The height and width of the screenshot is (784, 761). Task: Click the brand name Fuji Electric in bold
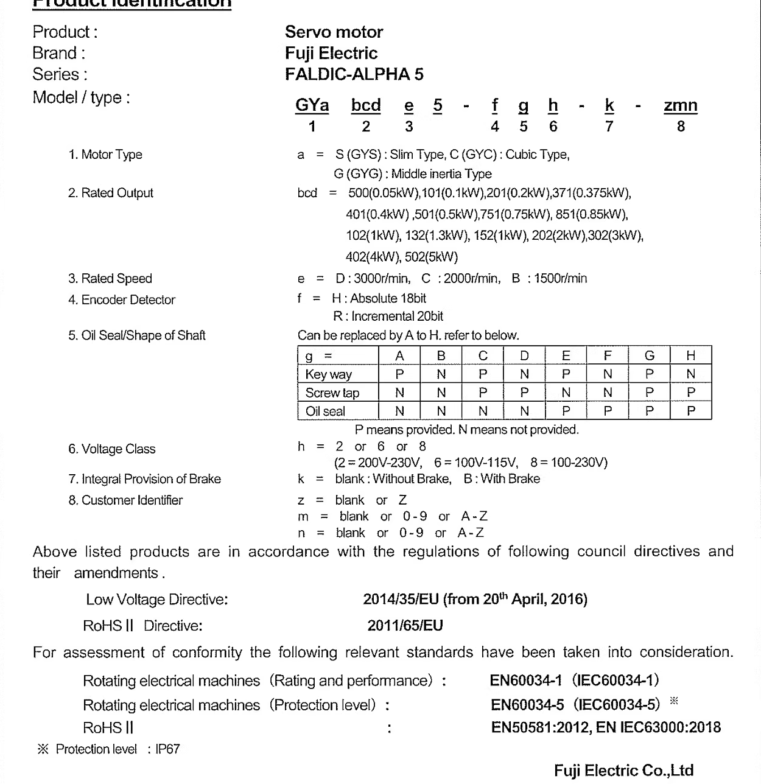pyautogui.click(x=331, y=53)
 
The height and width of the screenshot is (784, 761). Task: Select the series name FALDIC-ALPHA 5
pyautogui.click(x=354, y=74)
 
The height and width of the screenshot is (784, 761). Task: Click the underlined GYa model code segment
pyautogui.click(x=312, y=105)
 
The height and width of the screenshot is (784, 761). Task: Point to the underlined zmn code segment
pyautogui.click(x=680, y=105)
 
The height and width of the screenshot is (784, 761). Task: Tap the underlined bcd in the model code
pyautogui.click(x=366, y=105)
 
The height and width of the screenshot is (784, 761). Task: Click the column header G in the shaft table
pyautogui.click(x=649, y=355)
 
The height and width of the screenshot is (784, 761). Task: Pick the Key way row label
pyautogui.click(x=329, y=374)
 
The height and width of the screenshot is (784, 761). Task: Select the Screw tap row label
pyautogui.click(x=332, y=393)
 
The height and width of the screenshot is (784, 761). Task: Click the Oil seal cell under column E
pyautogui.click(x=566, y=411)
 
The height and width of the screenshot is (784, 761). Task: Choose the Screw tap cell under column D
pyautogui.click(x=524, y=393)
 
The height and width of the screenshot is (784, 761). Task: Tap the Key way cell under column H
pyautogui.click(x=690, y=374)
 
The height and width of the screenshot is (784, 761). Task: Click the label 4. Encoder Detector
pyautogui.click(x=122, y=299)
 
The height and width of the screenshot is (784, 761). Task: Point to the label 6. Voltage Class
pyautogui.click(x=112, y=449)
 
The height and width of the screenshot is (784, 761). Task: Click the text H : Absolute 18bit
pyautogui.click(x=379, y=298)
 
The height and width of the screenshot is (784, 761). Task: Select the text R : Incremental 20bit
pyautogui.click(x=388, y=317)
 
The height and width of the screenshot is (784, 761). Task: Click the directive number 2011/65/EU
pyautogui.click(x=405, y=626)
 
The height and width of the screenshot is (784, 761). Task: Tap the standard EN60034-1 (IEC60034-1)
pyautogui.click(x=574, y=680)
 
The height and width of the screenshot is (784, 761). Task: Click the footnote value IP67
pyautogui.click(x=167, y=749)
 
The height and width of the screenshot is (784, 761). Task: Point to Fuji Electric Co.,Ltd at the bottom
pyautogui.click(x=623, y=771)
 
